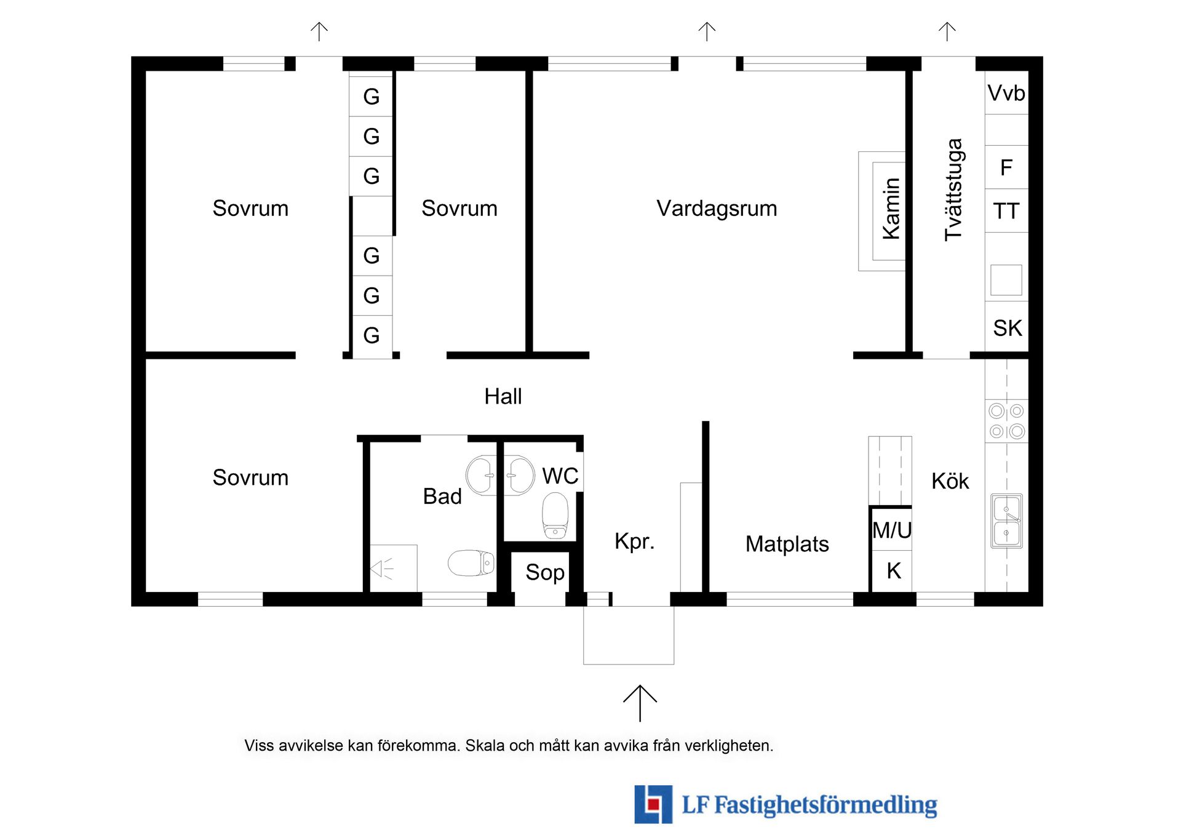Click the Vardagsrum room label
[x=717, y=209]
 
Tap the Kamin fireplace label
[x=891, y=209]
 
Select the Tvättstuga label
[x=953, y=190]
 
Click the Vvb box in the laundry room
[x=1006, y=93]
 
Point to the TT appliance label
[x=1006, y=211]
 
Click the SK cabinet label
[x=1008, y=328]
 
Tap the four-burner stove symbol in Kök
[x=1006, y=421]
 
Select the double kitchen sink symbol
[x=1006, y=521]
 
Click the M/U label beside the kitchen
[x=892, y=530]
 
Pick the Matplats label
[x=787, y=544]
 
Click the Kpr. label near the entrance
[x=634, y=541]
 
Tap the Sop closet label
[x=545, y=573]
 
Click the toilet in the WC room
[x=555, y=516]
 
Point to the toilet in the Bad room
[x=471, y=562]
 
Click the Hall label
[x=503, y=397]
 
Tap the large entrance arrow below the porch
[x=640, y=703]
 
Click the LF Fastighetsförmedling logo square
[x=653, y=804]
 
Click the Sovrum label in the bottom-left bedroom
[x=250, y=478]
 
